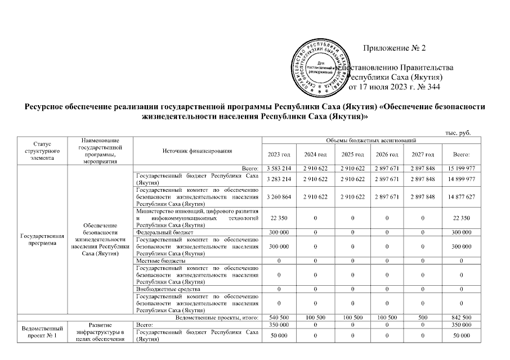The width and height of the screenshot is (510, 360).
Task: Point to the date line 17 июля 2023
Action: click(x=394, y=87)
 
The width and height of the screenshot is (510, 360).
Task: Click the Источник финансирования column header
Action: click(x=197, y=151)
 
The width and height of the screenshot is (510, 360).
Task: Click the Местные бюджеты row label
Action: click(x=161, y=261)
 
